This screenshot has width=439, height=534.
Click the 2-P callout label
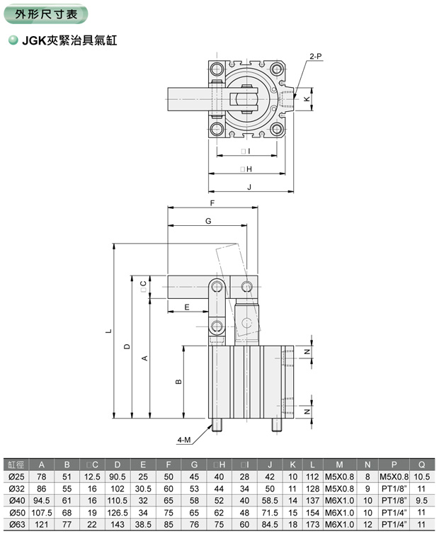(316, 55)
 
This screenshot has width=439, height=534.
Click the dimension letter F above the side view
(212, 203)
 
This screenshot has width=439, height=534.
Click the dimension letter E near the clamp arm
(186, 307)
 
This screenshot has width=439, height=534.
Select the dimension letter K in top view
(306, 99)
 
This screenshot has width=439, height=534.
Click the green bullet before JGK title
(12, 41)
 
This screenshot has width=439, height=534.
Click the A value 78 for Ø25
(42, 477)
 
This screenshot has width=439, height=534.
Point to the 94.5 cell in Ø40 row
(42, 500)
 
